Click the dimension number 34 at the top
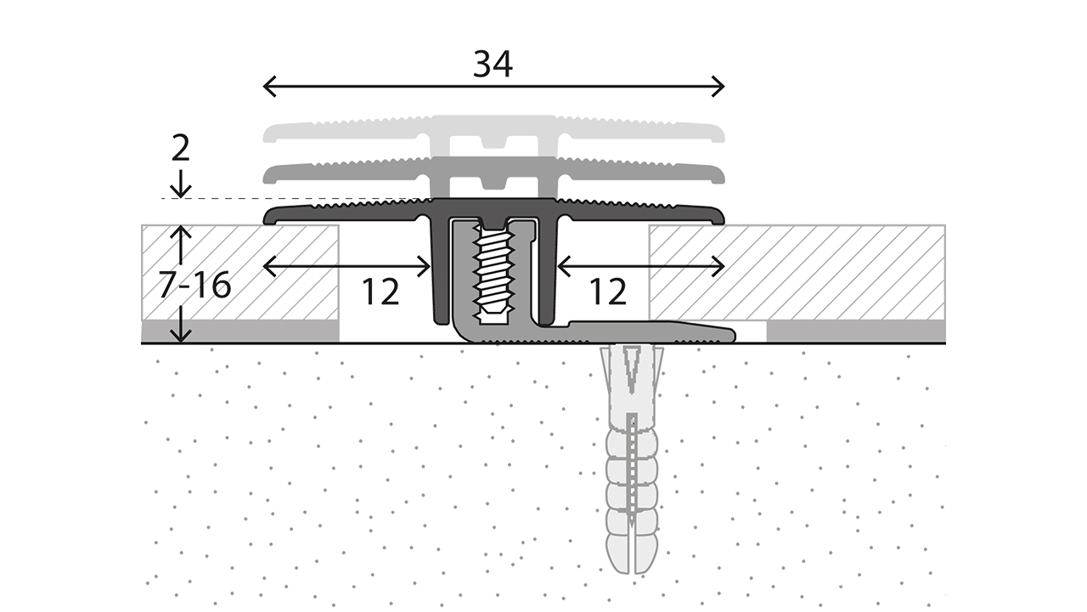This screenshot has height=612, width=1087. [x=493, y=65]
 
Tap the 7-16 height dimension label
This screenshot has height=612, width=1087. [x=194, y=286]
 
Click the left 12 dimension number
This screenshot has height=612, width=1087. [x=380, y=292]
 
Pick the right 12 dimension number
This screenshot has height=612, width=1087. [x=606, y=292]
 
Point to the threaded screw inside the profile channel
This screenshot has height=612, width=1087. [x=493, y=272]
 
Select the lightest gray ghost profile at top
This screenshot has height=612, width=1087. [x=493, y=132]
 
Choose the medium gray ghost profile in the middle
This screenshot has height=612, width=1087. [x=493, y=173]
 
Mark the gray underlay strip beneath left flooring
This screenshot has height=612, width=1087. [x=240, y=331]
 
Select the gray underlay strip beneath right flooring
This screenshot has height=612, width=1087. [x=855, y=331]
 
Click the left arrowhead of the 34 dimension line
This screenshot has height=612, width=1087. [x=267, y=86]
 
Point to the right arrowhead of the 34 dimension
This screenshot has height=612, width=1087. [x=721, y=86]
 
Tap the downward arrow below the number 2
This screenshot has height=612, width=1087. [x=180, y=189]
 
